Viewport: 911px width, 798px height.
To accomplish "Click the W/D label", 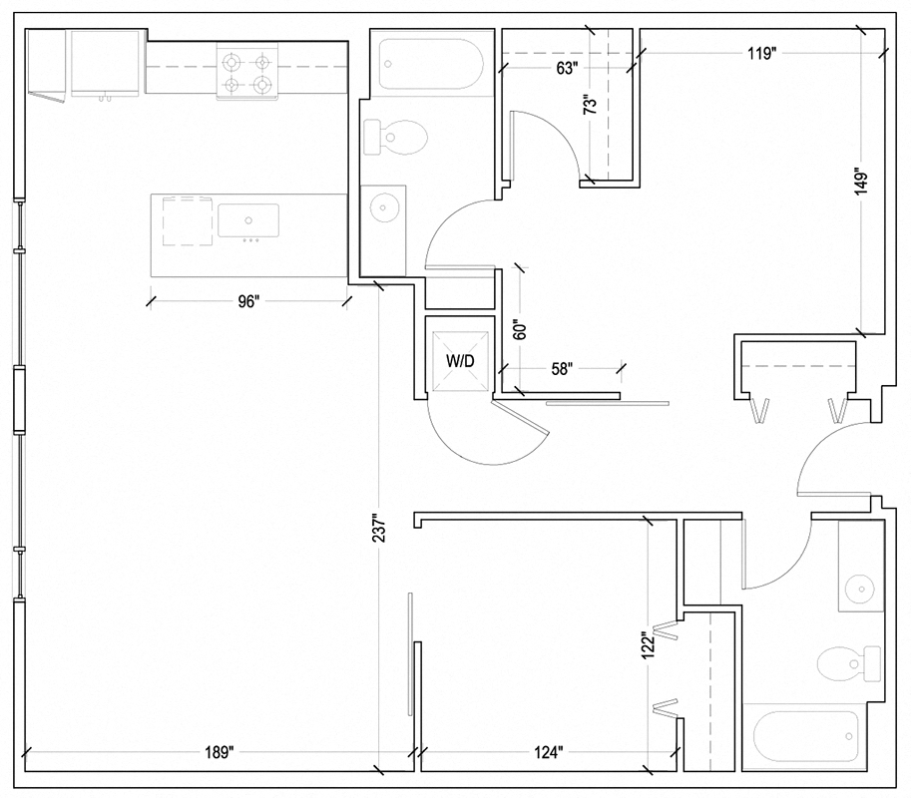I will pos(459,362).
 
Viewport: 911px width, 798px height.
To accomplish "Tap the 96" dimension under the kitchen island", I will pos(248,302).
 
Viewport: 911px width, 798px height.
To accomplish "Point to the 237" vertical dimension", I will pos(380,542).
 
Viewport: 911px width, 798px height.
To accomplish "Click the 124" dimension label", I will pos(548,752).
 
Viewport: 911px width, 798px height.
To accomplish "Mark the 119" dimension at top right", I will pos(760,54).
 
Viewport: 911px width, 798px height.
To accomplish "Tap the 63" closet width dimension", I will pos(567,68).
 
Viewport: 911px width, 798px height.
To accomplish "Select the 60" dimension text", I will pos(518,330).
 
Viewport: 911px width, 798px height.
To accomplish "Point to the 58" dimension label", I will pos(562,369).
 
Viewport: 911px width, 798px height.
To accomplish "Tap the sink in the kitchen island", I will pos(247,219).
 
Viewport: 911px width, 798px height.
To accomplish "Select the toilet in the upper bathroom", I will pos(396,137).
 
